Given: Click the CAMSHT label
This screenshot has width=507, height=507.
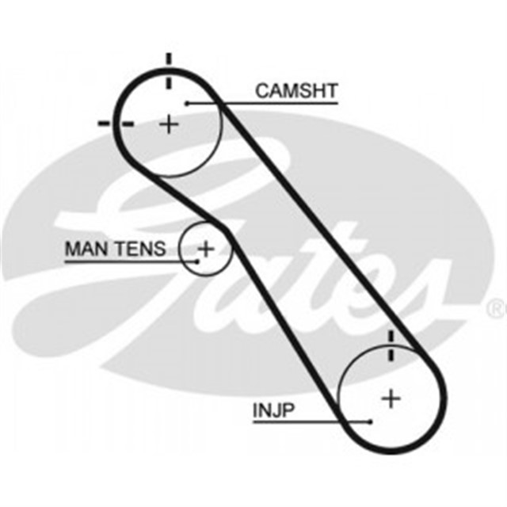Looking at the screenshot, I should (x=295, y=90).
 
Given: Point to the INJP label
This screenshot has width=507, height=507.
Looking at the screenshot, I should (x=276, y=410).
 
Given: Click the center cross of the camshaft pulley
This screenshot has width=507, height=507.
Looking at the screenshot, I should (x=170, y=124).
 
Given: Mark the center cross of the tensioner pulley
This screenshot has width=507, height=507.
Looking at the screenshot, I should (x=206, y=249).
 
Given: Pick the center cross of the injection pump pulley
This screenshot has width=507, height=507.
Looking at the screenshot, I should (x=391, y=398).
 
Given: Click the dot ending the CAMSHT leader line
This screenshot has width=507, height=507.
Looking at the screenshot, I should (x=188, y=102).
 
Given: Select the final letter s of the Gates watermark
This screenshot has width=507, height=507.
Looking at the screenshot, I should (x=424, y=293).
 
